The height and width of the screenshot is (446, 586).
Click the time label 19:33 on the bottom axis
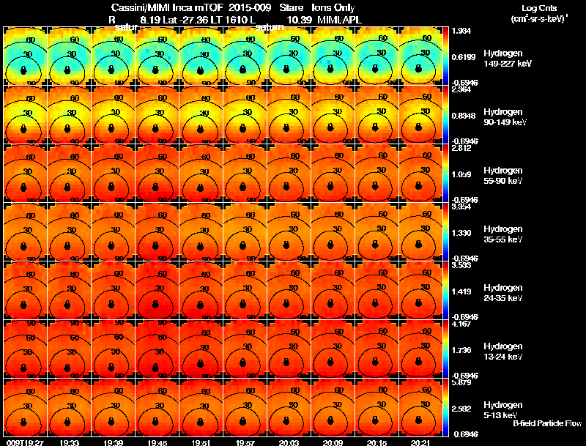70,442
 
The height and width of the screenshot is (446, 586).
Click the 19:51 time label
201,442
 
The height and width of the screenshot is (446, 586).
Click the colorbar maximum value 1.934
461,31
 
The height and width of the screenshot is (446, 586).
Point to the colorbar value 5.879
461,382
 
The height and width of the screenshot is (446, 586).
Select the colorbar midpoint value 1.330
461,233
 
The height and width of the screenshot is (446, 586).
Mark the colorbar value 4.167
461,324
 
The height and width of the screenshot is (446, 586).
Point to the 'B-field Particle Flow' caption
546,423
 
